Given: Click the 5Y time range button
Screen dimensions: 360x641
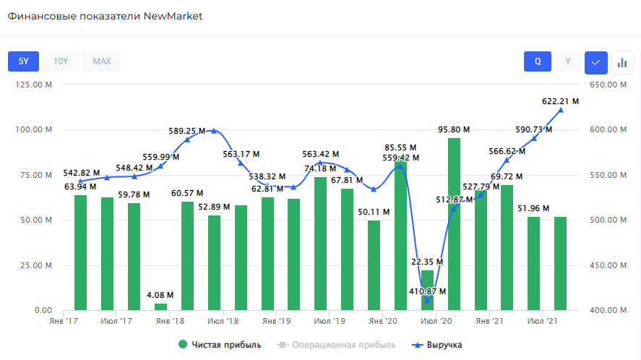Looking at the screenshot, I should click(23, 61).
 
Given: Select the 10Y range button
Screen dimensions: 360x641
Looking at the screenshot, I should click(61, 61).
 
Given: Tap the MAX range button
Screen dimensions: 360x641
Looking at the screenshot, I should click(102, 61).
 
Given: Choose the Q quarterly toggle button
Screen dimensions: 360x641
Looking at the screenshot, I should click(538, 61).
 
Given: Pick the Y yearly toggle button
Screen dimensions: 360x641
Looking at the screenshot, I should click(568, 61).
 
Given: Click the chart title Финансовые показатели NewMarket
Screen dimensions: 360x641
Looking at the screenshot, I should click(106, 16).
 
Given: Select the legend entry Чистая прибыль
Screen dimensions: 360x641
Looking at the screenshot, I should click(220, 345).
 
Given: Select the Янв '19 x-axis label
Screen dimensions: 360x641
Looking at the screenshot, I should click(275, 320).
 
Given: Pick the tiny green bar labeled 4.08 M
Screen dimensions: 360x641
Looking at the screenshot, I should click(160, 307).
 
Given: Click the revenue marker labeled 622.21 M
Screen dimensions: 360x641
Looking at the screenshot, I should click(561, 110).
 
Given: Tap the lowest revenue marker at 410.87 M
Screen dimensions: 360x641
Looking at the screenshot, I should click(427, 301).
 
